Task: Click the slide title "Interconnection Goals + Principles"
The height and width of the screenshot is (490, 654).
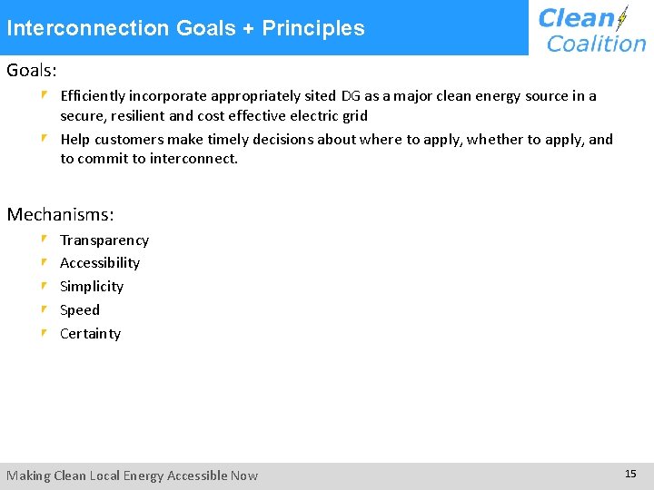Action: (185, 28)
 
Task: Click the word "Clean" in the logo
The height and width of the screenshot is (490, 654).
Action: (576, 18)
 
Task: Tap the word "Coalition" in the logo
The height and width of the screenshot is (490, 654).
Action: (596, 43)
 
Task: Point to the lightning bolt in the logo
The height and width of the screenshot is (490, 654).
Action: (622, 19)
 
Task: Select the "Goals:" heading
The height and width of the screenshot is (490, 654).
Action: (32, 70)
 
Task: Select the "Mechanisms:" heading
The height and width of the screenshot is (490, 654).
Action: (61, 215)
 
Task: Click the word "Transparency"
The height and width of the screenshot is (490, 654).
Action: (104, 240)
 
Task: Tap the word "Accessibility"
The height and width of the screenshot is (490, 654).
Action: (100, 263)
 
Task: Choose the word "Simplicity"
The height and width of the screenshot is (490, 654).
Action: (92, 287)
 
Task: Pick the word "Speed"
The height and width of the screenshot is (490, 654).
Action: (80, 310)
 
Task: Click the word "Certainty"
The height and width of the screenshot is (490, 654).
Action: (90, 334)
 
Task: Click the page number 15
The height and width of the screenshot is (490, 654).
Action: (631, 474)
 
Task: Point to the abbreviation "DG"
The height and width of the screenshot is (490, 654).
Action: (352, 95)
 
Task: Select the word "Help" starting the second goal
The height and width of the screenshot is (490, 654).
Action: (75, 139)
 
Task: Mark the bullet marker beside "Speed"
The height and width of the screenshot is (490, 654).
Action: (45, 309)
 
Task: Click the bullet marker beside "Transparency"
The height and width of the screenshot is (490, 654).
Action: (45, 240)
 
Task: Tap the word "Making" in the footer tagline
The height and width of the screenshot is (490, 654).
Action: (28, 475)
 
